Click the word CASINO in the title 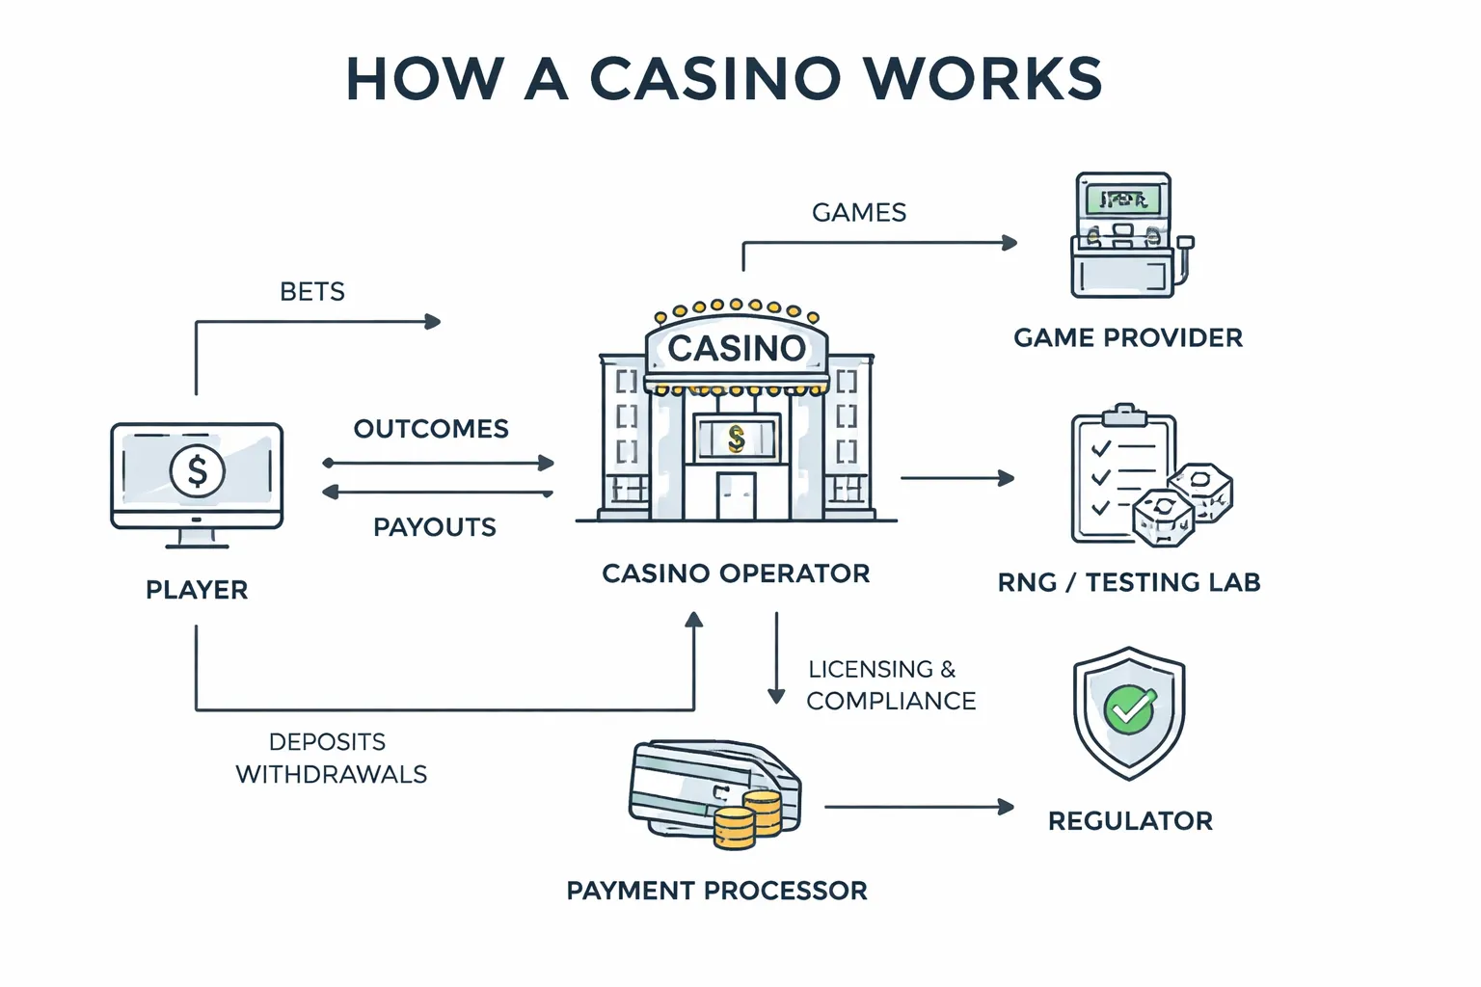714,79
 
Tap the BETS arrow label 311,292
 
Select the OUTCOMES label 431,429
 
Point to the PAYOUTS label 435,527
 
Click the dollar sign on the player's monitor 197,471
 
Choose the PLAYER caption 197,590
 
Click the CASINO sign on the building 737,348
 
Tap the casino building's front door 736,495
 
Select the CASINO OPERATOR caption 736,574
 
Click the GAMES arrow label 859,213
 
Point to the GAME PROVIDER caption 1128,338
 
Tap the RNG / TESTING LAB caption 1129,583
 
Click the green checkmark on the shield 1129,709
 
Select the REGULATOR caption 1130,821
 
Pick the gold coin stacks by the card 748,820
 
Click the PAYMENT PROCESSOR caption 716,891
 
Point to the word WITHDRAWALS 332,775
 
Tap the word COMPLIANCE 891,702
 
